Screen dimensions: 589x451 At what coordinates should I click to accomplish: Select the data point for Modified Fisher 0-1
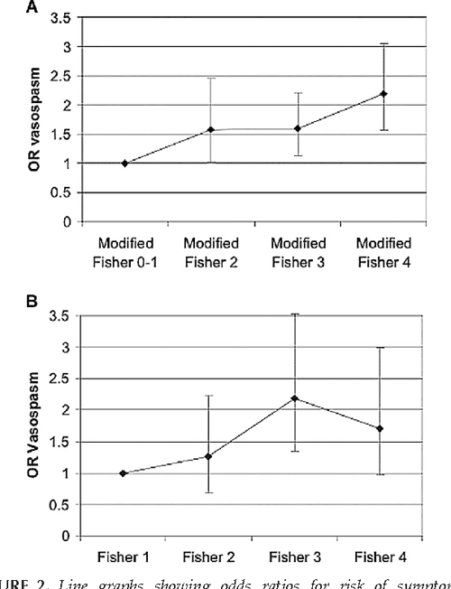[124, 164]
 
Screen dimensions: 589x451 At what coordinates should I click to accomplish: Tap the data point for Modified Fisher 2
[211, 130]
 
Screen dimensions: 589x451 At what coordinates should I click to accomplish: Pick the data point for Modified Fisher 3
[298, 128]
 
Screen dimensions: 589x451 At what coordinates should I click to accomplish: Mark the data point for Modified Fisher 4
[384, 94]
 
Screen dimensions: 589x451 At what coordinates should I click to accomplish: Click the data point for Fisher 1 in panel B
[123, 473]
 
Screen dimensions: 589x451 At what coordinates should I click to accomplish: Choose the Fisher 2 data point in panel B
[209, 456]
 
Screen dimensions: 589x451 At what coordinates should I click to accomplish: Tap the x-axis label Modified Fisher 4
[383, 251]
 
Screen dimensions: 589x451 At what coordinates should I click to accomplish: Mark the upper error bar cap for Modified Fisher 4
[384, 43]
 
